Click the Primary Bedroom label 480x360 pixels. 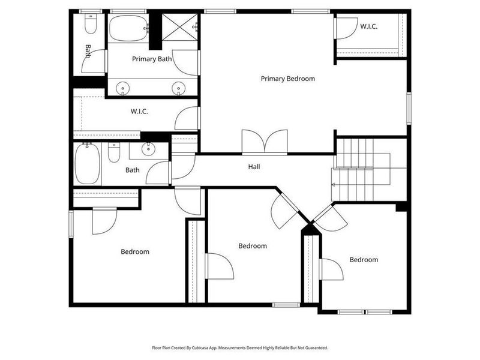pyautogui.click(x=287, y=79)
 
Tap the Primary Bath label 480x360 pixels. pyautogui.click(x=152, y=59)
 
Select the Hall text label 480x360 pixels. pyautogui.click(x=254, y=167)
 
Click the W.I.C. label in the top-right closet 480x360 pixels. pyautogui.click(x=368, y=26)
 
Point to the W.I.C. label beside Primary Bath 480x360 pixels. pyautogui.click(x=139, y=112)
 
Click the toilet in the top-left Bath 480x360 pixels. pyautogui.click(x=91, y=25)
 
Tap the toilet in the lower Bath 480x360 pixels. pyautogui.click(x=114, y=154)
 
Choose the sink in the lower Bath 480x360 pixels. pyautogui.click(x=146, y=150)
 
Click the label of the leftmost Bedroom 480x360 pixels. pyautogui.click(x=134, y=252)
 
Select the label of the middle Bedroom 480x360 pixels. pyautogui.click(x=252, y=246)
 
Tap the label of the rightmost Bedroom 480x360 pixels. pyautogui.click(x=364, y=260)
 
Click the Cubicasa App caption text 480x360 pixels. pyautogui.click(x=239, y=347)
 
